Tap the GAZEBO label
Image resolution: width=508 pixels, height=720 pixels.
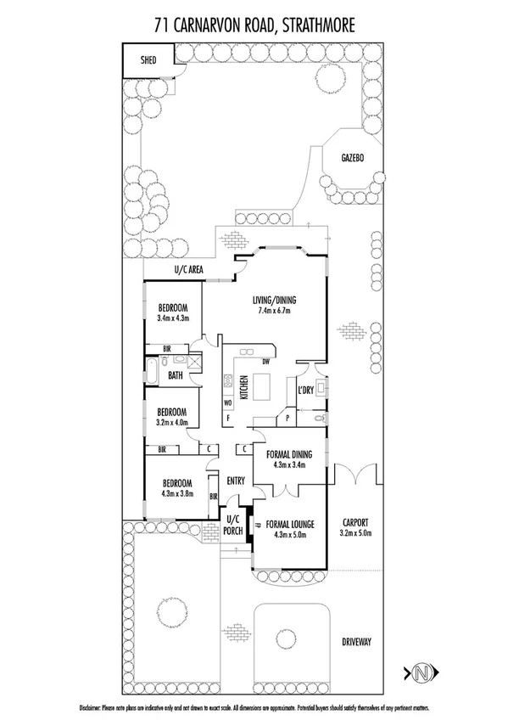click(x=353, y=159)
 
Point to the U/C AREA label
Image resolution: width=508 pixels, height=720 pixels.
click(x=187, y=269)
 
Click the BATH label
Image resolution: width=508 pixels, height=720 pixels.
click(x=176, y=374)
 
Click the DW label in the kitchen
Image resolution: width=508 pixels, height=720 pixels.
click(x=265, y=362)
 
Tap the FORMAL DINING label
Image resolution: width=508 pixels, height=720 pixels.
click(x=288, y=454)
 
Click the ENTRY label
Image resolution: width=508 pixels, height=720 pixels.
click(x=236, y=481)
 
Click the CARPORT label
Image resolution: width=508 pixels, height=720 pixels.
click(x=356, y=523)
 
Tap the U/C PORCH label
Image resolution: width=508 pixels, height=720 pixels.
click(x=234, y=525)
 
